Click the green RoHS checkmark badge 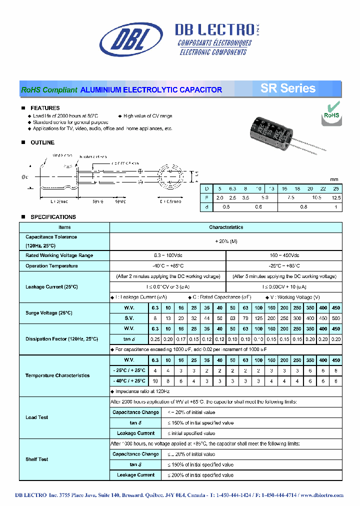click(x=331, y=111)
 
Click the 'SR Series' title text click(x=287, y=89)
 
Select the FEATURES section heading click(x=45, y=108)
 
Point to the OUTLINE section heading click(x=42, y=142)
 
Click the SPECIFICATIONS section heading click(x=53, y=217)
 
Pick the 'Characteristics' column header click(x=226, y=227)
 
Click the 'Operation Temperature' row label click(x=51, y=266)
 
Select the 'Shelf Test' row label click(x=37, y=459)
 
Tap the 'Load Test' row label click(x=37, y=417)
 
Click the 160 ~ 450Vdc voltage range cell click(x=284, y=255)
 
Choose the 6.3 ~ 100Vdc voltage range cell click(x=168, y=255)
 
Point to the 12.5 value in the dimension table click(x=336, y=198)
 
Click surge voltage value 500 click(x=336, y=318)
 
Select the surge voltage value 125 click(x=258, y=318)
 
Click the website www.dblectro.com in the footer click(x=322, y=495)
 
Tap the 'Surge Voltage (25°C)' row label click(x=49, y=312)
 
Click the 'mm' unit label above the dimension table click(x=334, y=179)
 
